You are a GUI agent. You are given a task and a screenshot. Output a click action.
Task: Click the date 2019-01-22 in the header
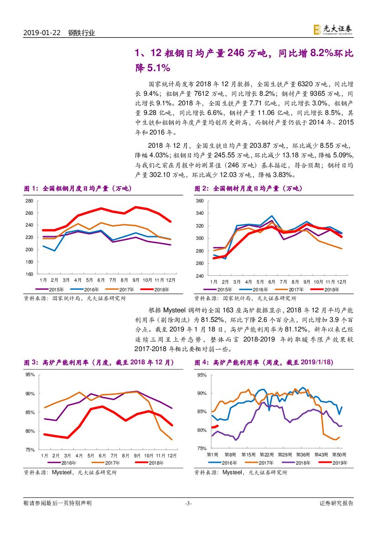[41, 33]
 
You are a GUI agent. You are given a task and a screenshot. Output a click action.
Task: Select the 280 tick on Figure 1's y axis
[29, 201]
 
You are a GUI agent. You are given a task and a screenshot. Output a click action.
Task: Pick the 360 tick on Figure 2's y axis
[200, 201]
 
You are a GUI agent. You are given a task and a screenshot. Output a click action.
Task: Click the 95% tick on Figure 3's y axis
[30, 375]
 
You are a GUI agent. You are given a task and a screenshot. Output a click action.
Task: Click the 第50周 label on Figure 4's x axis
[339, 455]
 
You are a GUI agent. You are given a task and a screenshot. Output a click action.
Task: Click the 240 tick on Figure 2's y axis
[200, 276]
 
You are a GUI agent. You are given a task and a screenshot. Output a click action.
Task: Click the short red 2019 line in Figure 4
[215, 427]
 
